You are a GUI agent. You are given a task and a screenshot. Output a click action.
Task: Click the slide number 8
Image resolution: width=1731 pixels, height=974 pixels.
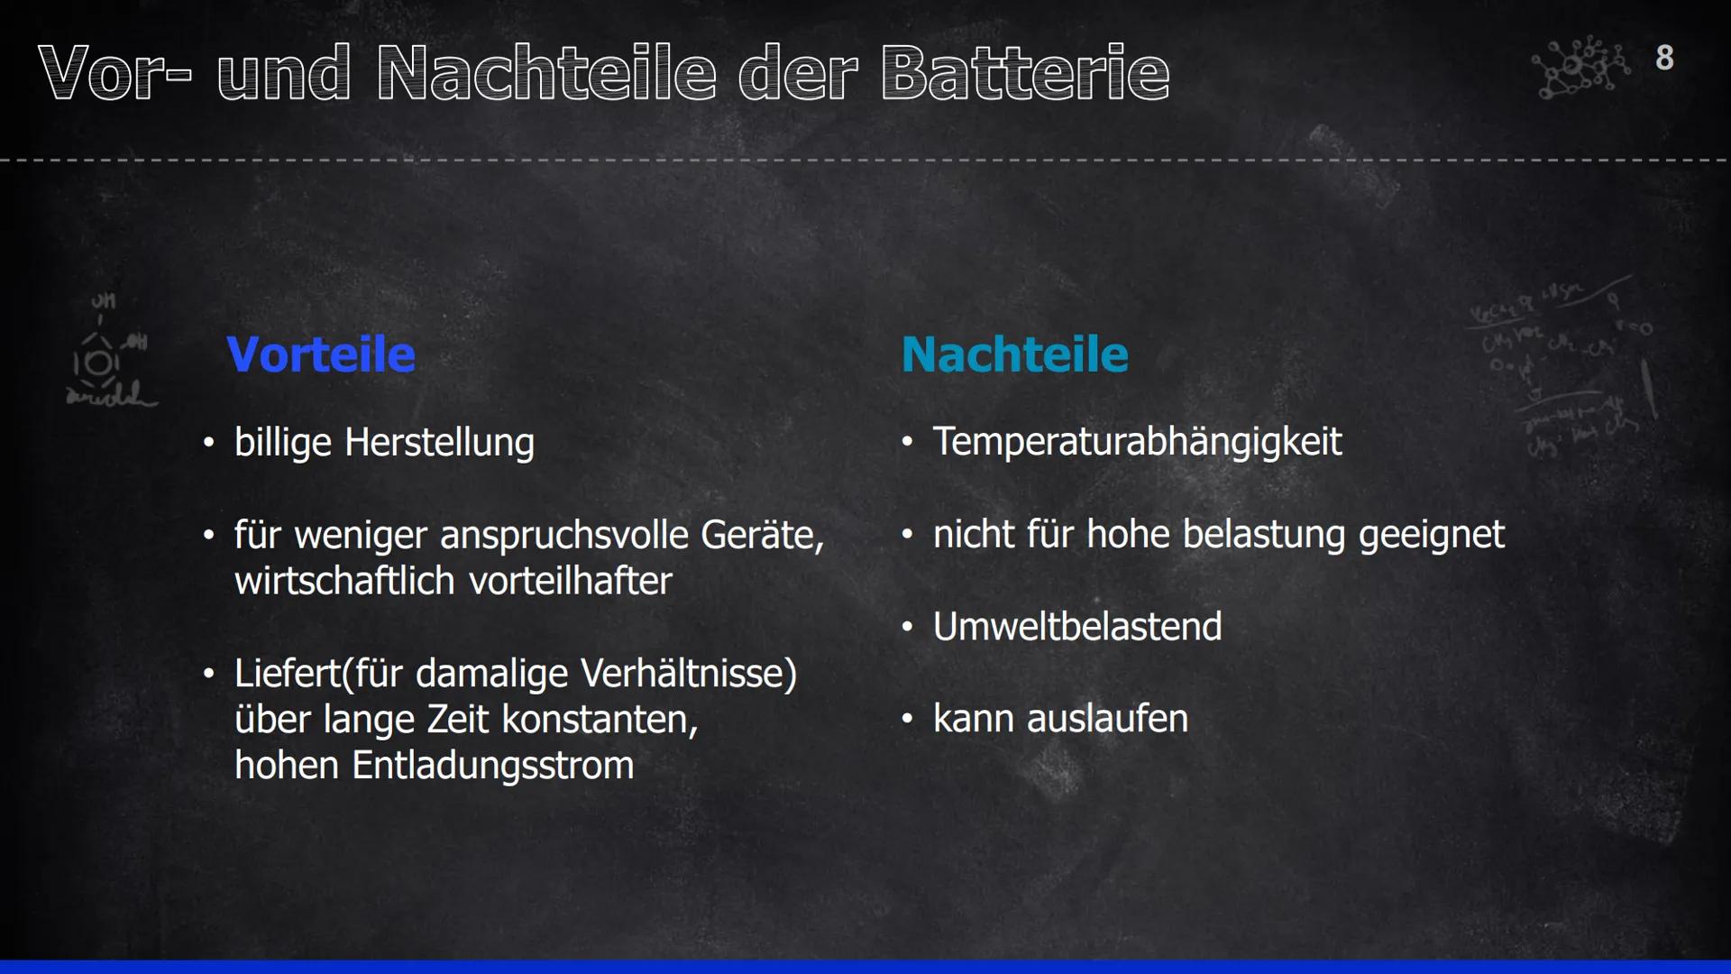coord(1664,58)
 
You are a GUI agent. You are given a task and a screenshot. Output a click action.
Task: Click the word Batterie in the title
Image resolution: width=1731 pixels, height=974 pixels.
coord(1025,73)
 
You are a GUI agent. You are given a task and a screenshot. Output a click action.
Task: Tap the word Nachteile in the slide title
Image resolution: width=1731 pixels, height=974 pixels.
coord(546,73)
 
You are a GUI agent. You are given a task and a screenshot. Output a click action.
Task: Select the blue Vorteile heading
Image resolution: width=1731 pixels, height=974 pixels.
coord(321,354)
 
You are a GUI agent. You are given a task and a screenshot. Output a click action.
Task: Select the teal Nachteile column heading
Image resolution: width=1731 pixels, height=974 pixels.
coord(1014,354)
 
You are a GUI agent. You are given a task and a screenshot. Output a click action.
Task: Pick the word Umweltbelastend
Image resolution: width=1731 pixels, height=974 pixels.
coord(1077,626)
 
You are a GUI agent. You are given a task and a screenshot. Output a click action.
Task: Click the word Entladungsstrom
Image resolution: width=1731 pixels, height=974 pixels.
coord(493,766)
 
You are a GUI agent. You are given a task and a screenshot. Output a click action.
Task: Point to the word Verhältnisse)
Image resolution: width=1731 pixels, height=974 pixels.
coord(690,674)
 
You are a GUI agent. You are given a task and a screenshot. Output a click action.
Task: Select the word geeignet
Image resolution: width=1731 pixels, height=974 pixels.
coord(1432,535)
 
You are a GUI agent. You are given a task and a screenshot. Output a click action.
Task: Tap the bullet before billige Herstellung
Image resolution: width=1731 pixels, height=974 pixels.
coord(209,444)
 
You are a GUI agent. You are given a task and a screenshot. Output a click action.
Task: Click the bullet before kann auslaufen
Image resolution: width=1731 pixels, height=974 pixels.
coord(908,719)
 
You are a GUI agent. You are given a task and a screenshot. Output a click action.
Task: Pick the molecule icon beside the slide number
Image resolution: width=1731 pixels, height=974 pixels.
coord(1580,67)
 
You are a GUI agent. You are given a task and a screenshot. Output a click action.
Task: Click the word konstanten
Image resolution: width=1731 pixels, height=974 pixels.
coord(600,720)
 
